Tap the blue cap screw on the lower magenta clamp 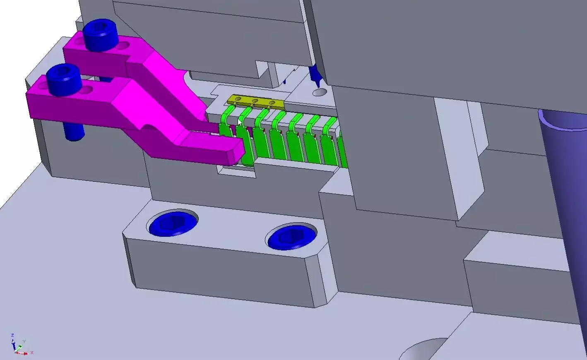(x=63, y=78)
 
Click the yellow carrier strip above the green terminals (x=255, y=101)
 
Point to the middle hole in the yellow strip (x=255, y=101)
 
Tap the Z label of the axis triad (x=12, y=335)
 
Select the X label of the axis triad (x=32, y=353)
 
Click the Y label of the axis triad (x=24, y=341)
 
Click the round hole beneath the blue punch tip (x=319, y=92)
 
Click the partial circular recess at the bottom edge (x=422, y=350)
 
